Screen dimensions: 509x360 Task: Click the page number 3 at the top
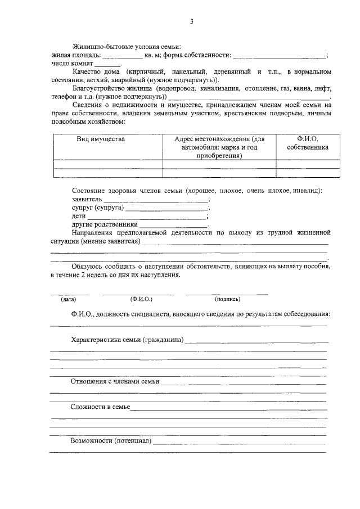coord(191,21)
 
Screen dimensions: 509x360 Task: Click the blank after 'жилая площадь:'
coord(123,56)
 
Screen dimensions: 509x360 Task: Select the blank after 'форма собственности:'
coord(279,56)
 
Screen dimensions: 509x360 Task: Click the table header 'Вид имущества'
coord(101,139)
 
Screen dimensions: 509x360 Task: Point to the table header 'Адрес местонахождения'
coord(219,139)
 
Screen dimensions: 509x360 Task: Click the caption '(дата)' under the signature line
coord(69,300)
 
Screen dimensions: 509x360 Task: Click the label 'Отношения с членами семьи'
coord(115,381)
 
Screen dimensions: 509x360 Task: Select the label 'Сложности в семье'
coord(100,407)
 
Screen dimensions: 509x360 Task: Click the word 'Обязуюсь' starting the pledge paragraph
coord(86,266)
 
